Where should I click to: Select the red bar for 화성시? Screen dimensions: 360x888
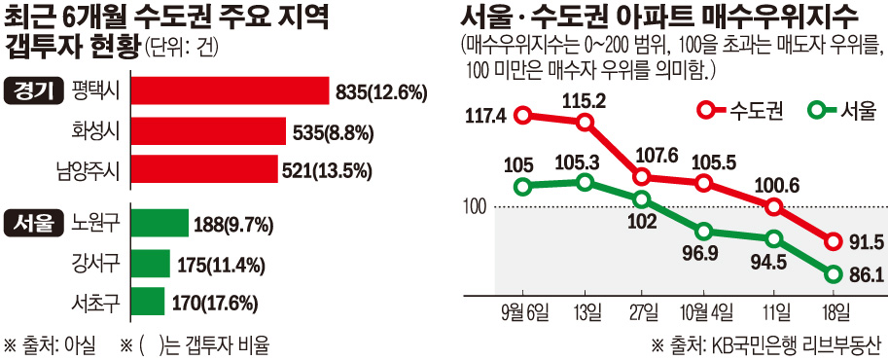pyautogui.click(x=207, y=130)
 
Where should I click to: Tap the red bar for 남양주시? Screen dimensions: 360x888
pyautogui.click(x=203, y=169)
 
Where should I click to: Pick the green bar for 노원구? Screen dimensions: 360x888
pyautogui.click(x=159, y=224)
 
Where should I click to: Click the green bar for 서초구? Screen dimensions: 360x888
pyautogui.click(x=147, y=301)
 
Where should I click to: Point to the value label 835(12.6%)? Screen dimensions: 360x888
pyautogui.click(x=382, y=92)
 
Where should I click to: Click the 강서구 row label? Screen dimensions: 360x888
pyautogui.click(x=95, y=263)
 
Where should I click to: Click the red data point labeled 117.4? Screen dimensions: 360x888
pyautogui.click(x=522, y=116)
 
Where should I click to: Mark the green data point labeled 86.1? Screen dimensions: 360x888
pyautogui.click(x=834, y=274)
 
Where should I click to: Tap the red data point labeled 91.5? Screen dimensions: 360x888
pyautogui.click(x=834, y=241)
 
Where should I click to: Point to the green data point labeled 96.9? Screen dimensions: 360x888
pyautogui.click(x=704, y=231)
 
